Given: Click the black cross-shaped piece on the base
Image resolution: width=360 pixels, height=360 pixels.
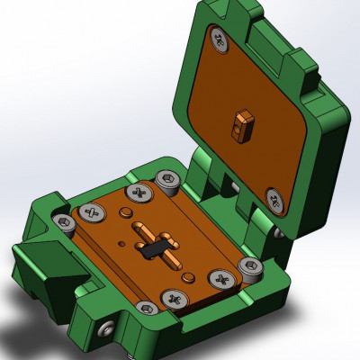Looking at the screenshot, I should pyautogui.click(x=154, y=243).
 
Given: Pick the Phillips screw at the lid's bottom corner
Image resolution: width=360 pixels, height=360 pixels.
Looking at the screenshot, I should pyautogui.click(x=274, y=196).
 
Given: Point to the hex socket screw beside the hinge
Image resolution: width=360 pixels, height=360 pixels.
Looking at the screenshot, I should pyautogui.click(x=166, y=180).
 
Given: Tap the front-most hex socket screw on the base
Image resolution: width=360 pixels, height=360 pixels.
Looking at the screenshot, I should pyautogui.click(x=145, y=308).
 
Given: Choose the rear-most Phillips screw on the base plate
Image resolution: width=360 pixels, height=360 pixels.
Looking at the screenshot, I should pyautogui.click(x=139, y=192).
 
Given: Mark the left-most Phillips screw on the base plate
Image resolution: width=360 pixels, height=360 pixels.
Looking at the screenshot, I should pyautogui.click(x=90, y=213).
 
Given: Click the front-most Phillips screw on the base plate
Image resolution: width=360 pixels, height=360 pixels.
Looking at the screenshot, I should pyautogui.click(x=173, y=296).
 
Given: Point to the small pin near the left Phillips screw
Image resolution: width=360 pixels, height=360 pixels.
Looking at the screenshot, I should pyautogui.click(x=122, y=212).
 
